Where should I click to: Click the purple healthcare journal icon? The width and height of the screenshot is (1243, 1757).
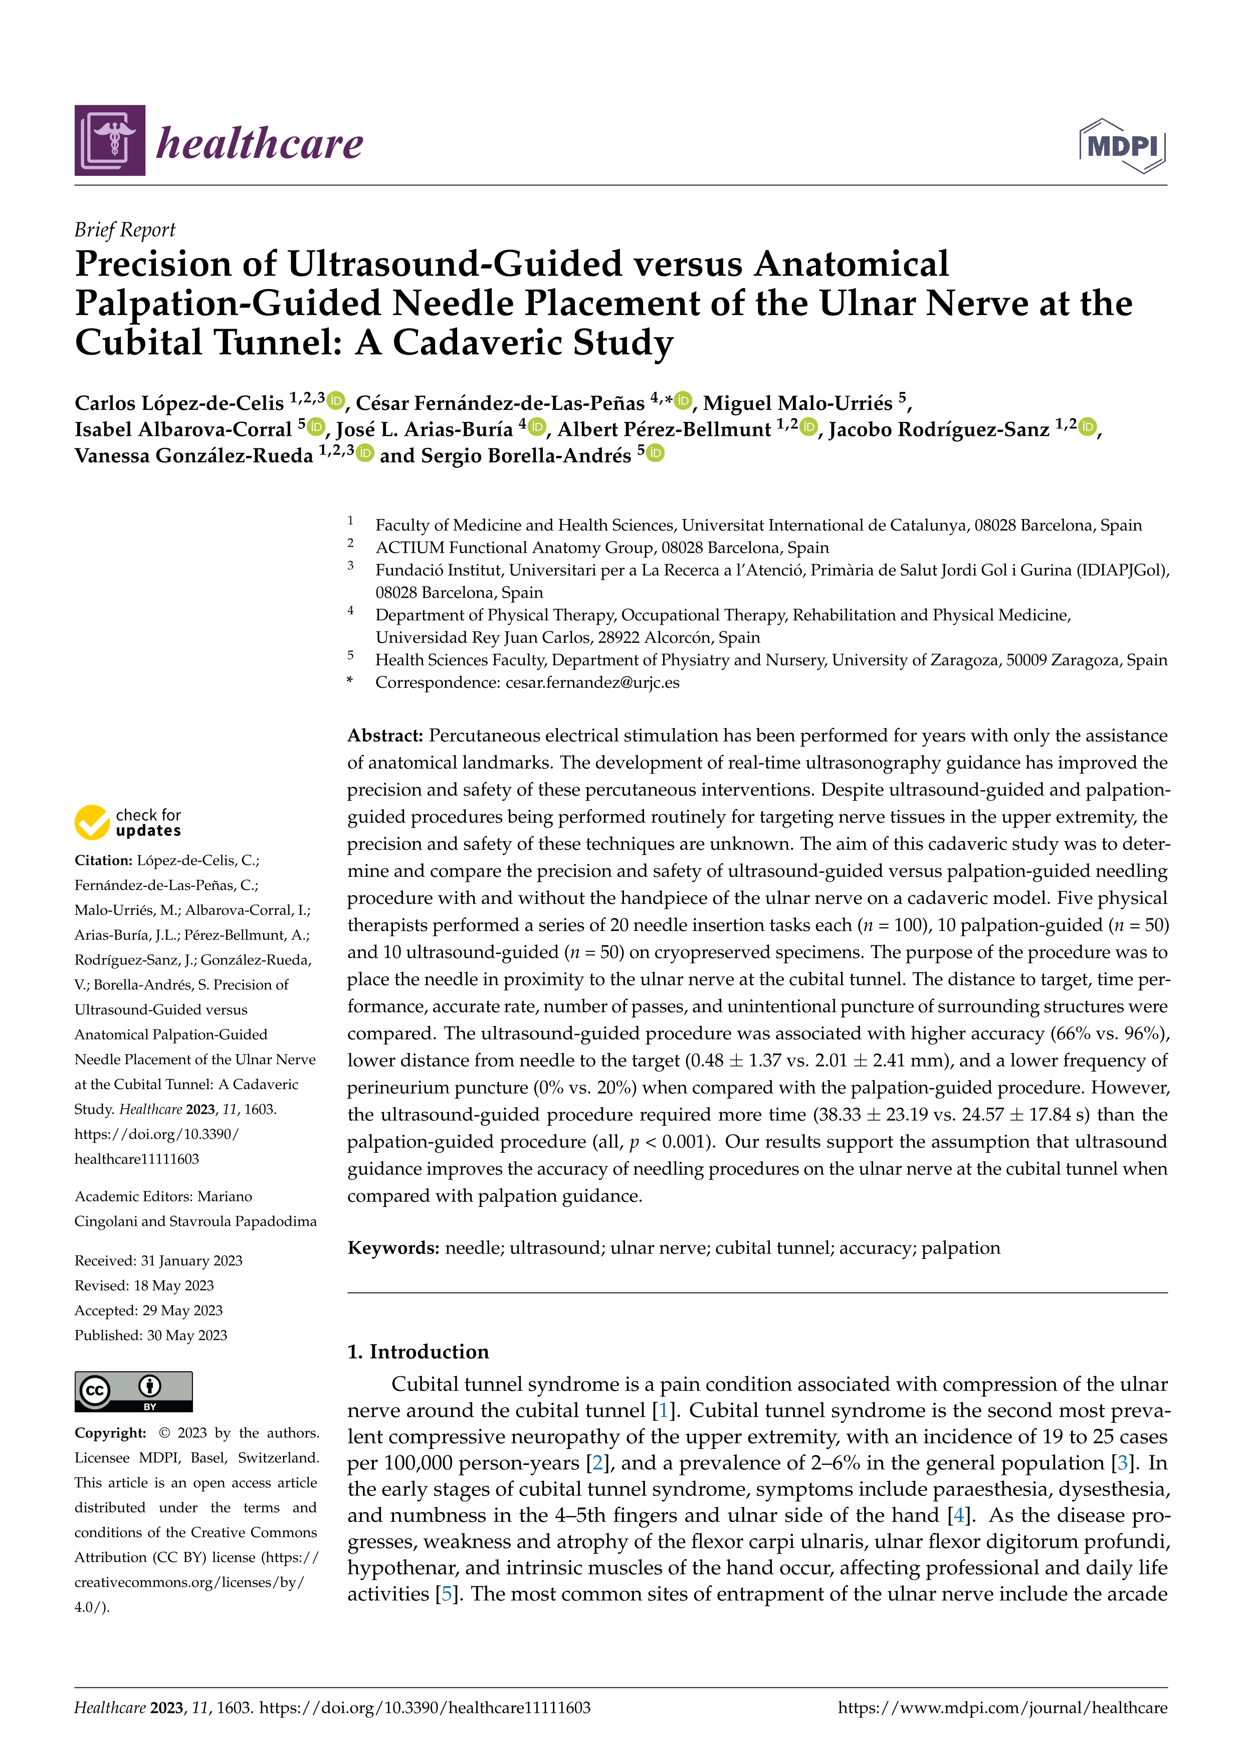point(109,141)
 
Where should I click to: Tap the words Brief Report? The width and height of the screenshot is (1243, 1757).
point(125,229)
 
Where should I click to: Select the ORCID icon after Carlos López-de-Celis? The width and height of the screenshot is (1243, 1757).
point(336,400)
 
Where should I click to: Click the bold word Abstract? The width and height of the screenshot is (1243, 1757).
point(385,735)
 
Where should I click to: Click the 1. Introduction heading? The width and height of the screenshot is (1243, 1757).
point(418,1351)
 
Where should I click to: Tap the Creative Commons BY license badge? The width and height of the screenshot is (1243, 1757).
point(133,1391)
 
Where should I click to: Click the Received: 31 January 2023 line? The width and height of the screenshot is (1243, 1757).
point(158,1261)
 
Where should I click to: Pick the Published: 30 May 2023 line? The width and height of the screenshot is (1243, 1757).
point(151,1335)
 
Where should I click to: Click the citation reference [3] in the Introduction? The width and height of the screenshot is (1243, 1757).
point(1122,1463)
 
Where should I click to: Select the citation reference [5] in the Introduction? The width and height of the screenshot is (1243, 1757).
point(444,1595)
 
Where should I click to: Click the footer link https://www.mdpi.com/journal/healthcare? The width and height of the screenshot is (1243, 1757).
point(1002,1708)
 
